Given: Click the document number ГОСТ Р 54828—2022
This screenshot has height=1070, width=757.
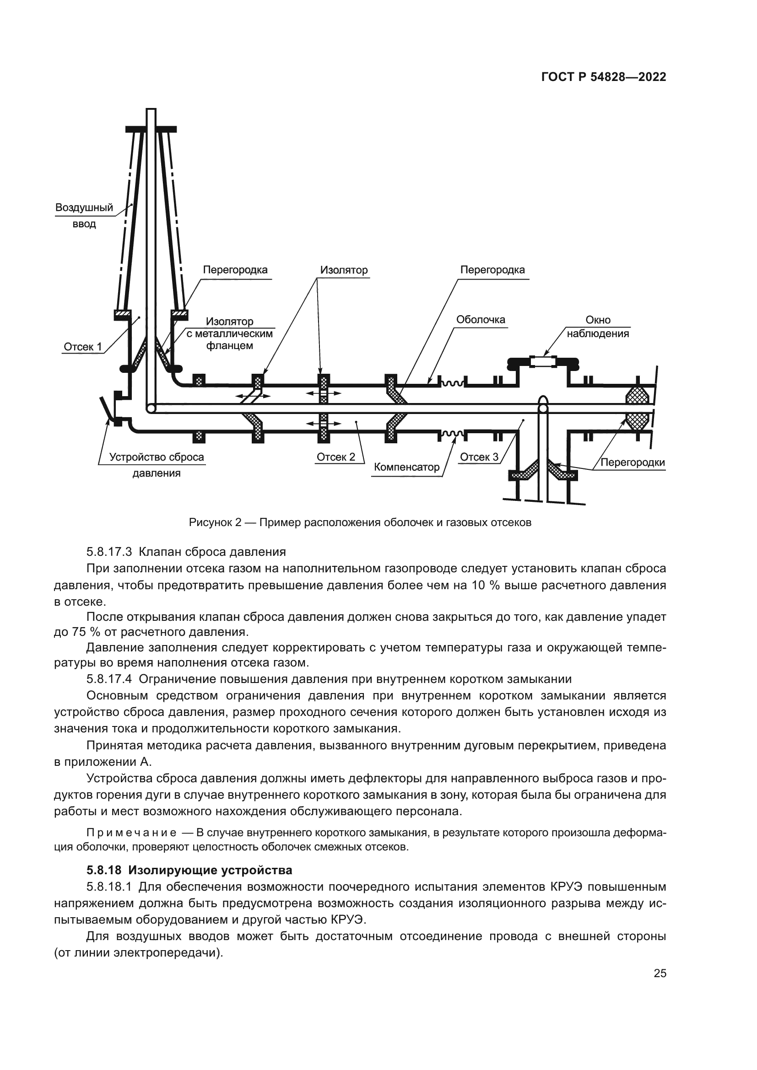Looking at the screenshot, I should [604, 77].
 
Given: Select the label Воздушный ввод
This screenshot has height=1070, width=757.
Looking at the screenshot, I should [84, 215].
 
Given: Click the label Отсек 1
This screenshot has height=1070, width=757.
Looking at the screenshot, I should [83, 347].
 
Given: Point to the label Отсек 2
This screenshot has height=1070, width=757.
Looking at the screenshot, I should [335, 457].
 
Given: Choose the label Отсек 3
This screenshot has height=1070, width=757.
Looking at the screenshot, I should [479, 457].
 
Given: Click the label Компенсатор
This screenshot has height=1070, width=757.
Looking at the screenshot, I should [406, 467].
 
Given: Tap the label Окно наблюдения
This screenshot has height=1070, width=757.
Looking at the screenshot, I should [598, 327].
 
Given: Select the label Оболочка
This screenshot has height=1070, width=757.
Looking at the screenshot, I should [481, 320].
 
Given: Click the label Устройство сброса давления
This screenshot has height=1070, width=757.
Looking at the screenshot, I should [157, 465].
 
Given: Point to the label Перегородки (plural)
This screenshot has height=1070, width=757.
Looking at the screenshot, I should [633, 463].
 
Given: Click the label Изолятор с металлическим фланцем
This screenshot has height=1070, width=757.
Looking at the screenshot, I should [230, 333].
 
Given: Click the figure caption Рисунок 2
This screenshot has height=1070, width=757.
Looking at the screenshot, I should [360, 522].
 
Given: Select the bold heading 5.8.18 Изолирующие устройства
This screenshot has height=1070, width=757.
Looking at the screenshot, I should [189, 870].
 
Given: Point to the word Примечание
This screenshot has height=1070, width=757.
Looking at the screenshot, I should [131, 833].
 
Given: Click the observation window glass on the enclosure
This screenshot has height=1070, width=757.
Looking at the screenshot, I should [543, 361].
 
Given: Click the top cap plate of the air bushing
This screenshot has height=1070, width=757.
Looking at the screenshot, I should [151, 129].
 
